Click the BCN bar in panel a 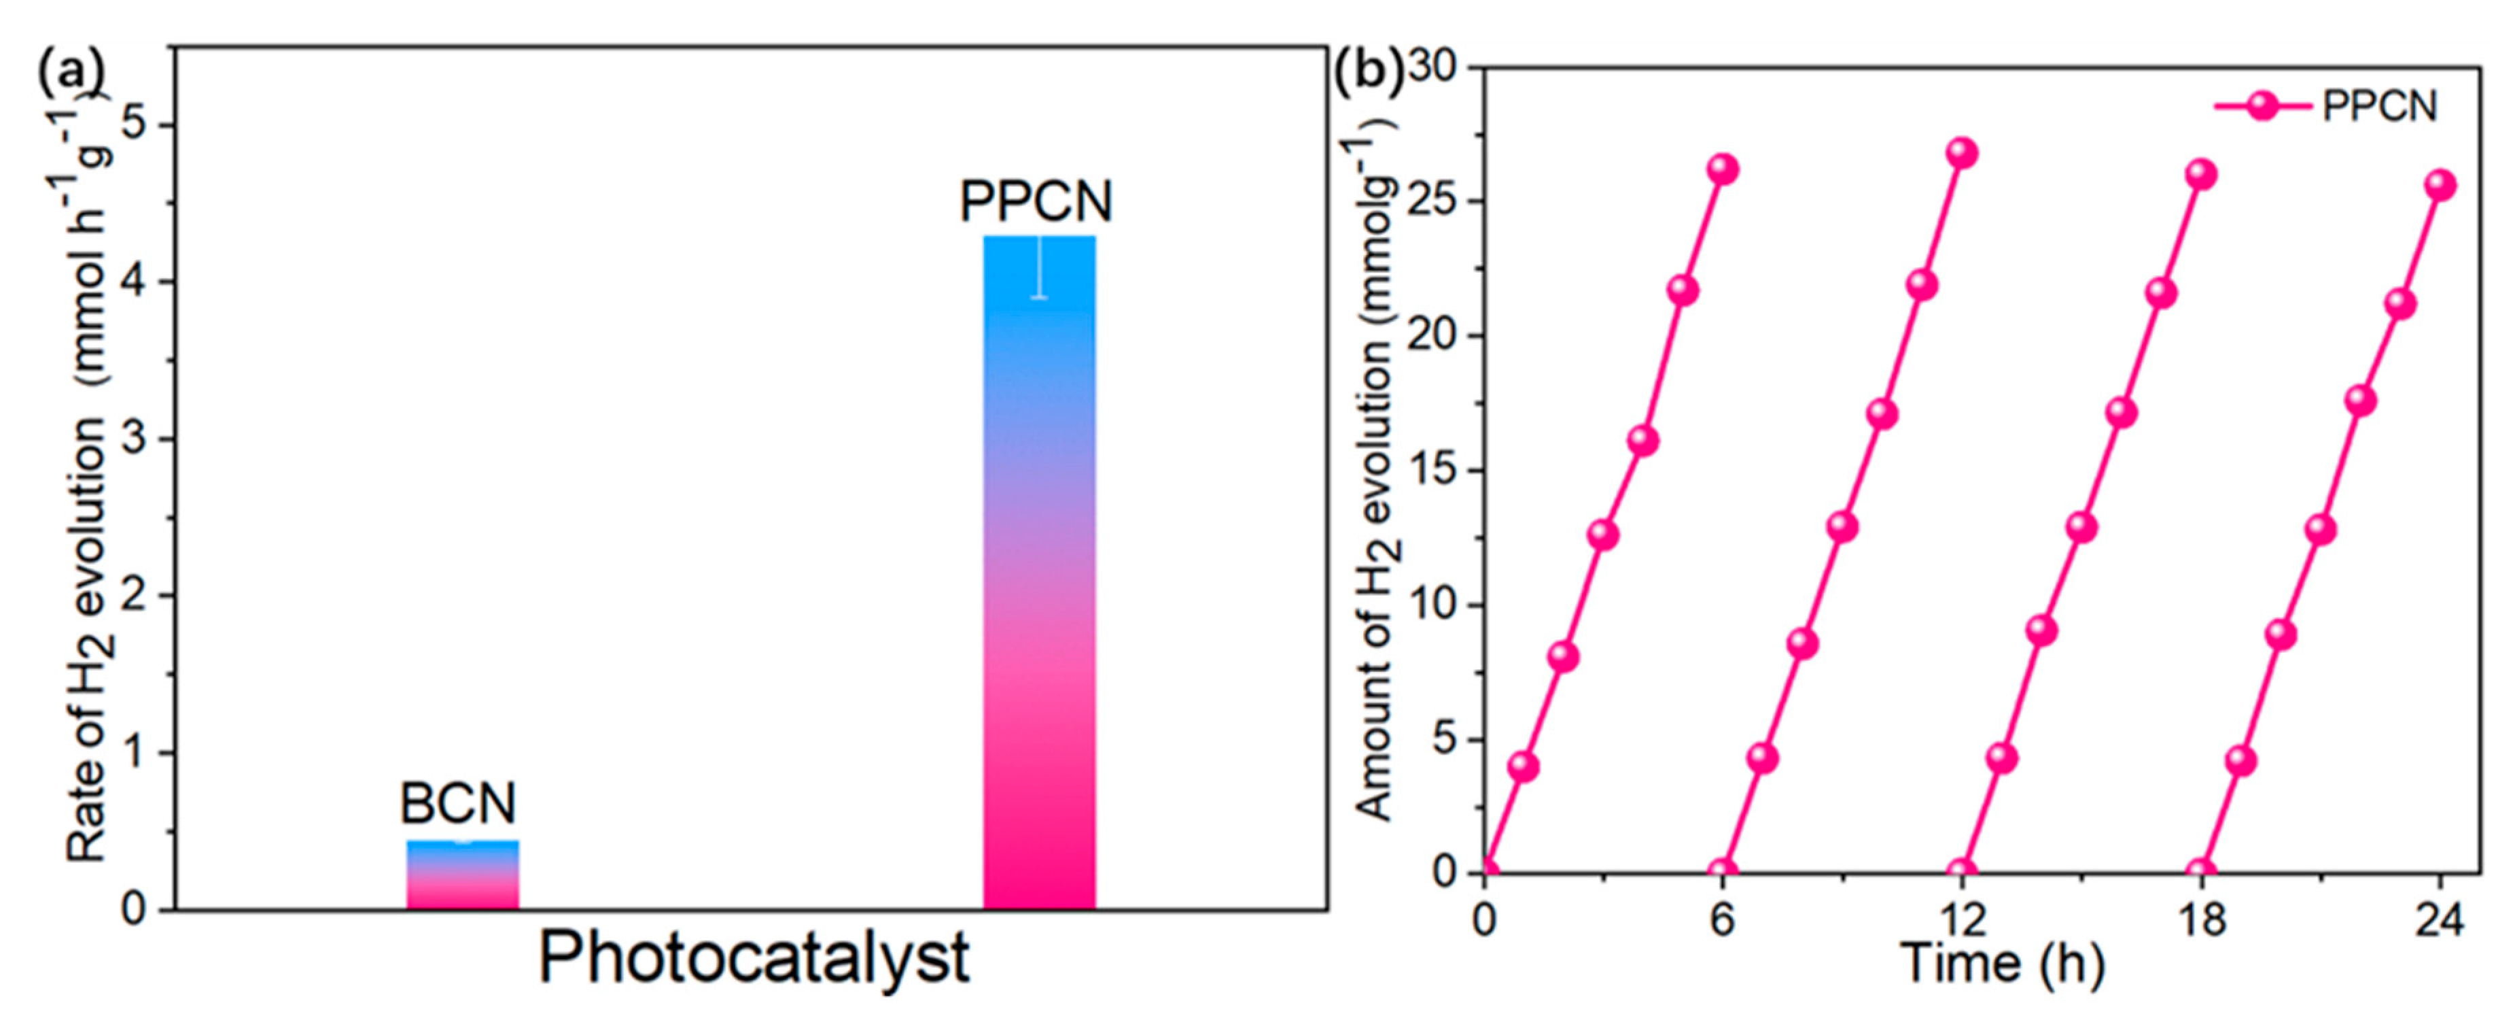(x=462, y=875)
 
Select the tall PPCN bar (x=1039, y=586)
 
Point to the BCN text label (x=458, y=804)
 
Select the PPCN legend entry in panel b (x=2329, y=105)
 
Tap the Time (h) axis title (x=2001, y=963)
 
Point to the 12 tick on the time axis (x=1960, y=920)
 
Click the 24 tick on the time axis (x=2439, y=920)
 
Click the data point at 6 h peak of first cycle (x=1722, y=169)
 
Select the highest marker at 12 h (x=1960, y=154)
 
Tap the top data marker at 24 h (x=2440, y=186)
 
